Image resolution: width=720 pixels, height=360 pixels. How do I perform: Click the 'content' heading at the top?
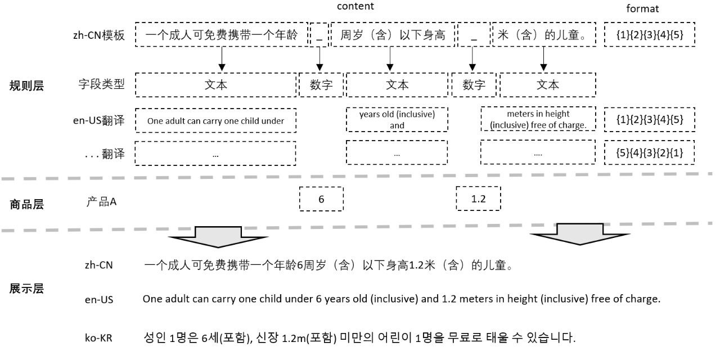[x=355, y=6]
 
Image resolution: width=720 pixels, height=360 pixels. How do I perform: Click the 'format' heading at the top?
[x=642, y=9]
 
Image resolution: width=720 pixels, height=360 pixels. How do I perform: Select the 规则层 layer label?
[x=26, y=86]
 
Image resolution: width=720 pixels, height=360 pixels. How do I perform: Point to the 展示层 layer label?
[x=26, y=289]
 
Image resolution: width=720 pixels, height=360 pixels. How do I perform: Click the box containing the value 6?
[x=321, y=199]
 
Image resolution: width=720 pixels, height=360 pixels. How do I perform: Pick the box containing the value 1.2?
[x=478, y=199]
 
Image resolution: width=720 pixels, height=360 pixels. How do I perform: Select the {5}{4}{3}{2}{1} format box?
[x=650, y=153]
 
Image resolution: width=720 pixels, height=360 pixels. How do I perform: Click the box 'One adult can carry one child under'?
[x=216, y=120]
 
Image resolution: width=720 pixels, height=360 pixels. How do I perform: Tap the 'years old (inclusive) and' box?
[x=397, y=120]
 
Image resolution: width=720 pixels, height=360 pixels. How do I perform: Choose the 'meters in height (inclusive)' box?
[x=538, y=120]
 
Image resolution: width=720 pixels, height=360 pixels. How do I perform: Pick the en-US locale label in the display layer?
[x=98, y=300]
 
